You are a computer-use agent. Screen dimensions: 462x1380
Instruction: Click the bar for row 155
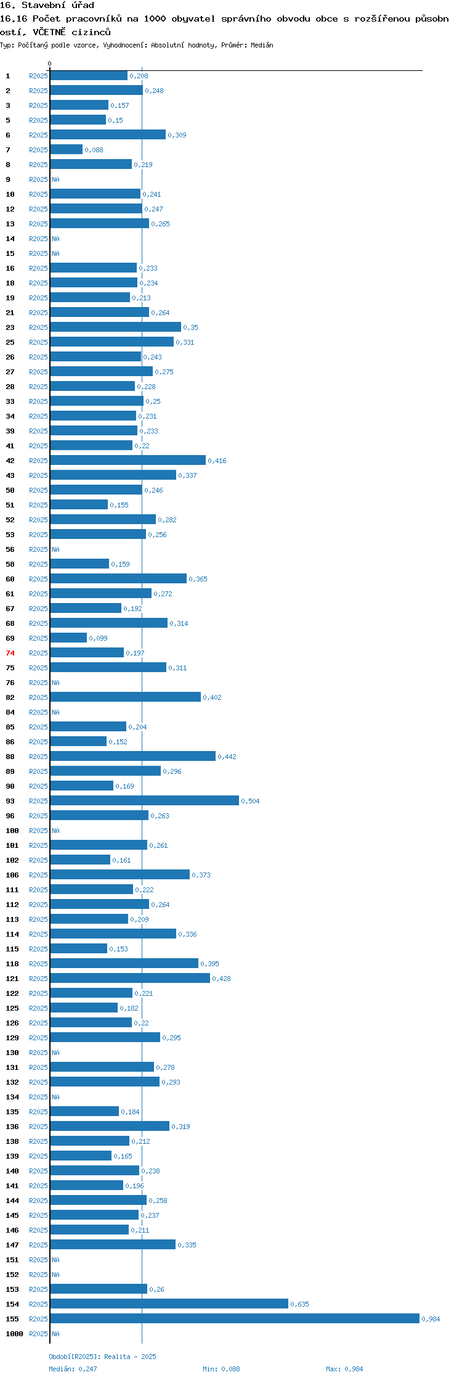click(235, 1318)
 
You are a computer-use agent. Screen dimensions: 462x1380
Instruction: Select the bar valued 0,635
click(169, 1304)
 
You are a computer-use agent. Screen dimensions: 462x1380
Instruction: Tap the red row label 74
click(10, 653)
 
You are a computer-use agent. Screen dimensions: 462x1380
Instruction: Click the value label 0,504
click(250, 801)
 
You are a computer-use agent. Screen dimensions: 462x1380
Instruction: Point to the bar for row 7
click(67, 149)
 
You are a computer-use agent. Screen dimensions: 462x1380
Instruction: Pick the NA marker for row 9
click(55, 179)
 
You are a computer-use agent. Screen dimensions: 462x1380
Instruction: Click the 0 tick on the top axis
click(50, 64)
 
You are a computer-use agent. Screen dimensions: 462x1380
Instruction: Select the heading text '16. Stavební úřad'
click(47, 6)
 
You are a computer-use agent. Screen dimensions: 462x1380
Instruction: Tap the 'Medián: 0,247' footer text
click(73, 1369)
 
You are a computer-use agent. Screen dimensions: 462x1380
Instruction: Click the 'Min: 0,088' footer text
click(221, 1369)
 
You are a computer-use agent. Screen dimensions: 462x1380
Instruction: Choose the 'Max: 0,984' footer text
click(344, 1369)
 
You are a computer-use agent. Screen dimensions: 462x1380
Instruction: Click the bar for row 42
click(128, 460)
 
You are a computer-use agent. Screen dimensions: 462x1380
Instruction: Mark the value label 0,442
click(227, 757)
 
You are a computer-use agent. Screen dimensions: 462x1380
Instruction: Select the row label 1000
click(14, 1334)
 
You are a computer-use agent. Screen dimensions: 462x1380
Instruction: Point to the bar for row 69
click(68, 638)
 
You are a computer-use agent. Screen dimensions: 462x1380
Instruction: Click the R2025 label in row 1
click(38, 76)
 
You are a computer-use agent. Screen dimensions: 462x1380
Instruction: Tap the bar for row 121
click(130, 978)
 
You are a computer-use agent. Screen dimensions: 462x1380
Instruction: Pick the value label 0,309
click(177, 135)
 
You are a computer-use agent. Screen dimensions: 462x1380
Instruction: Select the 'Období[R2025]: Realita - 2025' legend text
click(102, 1357)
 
